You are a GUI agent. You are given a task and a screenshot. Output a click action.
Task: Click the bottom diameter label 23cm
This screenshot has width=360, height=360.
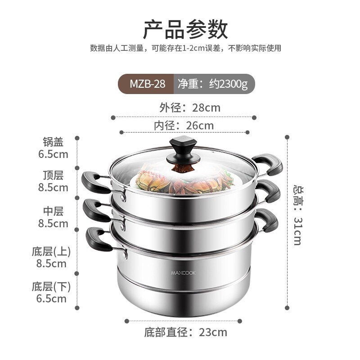click(185, 333)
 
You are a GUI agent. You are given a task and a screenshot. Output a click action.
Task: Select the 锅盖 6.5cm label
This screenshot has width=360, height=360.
click(53, 148)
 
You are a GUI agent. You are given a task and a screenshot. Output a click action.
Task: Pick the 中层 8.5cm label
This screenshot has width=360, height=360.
click(53, 217)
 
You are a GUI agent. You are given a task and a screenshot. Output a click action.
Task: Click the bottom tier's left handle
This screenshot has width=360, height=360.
click(98, 238)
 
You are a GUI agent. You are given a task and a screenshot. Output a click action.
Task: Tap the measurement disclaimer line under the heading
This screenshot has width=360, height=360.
click(185, 48)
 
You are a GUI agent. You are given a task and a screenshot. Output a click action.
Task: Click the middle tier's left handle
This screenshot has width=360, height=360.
click(95, 210)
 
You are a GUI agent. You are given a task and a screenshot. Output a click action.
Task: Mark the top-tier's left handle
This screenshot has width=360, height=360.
click(95, 182)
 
